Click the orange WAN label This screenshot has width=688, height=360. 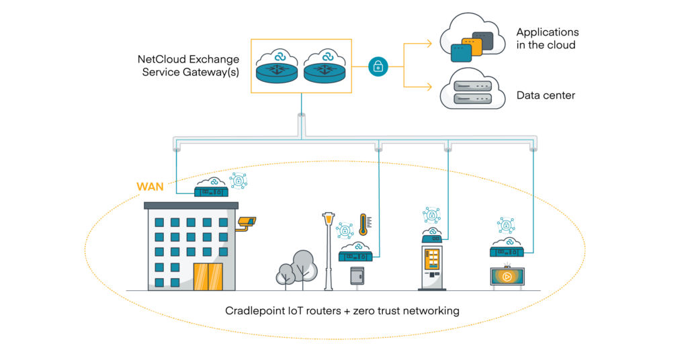click(x=150, y=187)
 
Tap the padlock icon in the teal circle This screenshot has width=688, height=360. click(x=378, y=66)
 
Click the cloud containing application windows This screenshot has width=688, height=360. click(x=472, y=38)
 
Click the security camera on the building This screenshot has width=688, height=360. click(x=246, y=222)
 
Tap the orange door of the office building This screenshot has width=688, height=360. click(x=208, y=276)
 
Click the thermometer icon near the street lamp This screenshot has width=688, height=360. click(x=363, y=224)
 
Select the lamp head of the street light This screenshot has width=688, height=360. click(x=329, y=218)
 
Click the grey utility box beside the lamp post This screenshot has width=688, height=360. click(x=357, y=276)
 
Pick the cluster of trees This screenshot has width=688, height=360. click(x=297, y=269)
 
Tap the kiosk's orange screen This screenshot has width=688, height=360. click(x=432, y=258)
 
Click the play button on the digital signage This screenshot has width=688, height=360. click(x=507, y=276)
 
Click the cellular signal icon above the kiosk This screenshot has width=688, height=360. click(x=431, y=215)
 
